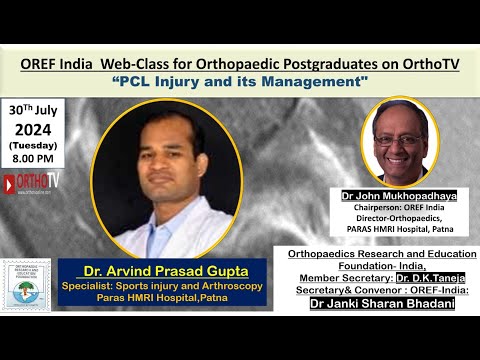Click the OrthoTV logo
point(31,184)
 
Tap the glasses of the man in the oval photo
point(399,139)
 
